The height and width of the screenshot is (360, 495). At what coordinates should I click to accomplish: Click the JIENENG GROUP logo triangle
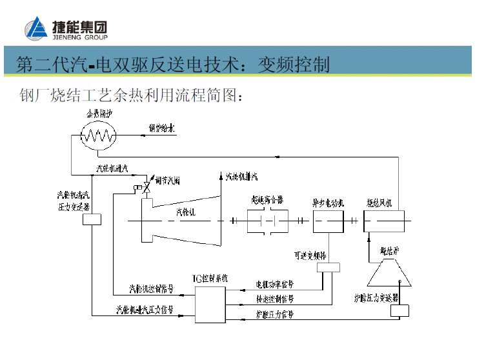pos(36,29)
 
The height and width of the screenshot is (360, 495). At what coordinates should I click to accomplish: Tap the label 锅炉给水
pos(162,129)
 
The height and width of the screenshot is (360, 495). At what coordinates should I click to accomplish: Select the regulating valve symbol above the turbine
pos(147,187)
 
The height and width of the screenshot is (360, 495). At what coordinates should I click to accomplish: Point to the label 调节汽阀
pos(167,181)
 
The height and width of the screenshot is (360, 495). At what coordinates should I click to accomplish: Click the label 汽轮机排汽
pos(242,176)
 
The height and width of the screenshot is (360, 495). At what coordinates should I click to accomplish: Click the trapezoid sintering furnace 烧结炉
pos(389,272)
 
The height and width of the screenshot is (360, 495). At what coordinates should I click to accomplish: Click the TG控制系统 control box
pos(210,304)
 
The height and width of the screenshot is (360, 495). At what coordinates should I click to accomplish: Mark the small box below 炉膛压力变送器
pos(399,310)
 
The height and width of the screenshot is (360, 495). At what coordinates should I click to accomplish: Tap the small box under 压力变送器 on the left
pos(92,219)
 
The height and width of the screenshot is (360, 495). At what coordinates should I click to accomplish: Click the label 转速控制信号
pos(275,299)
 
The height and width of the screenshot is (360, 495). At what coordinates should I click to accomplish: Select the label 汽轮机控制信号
pos(151,288)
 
